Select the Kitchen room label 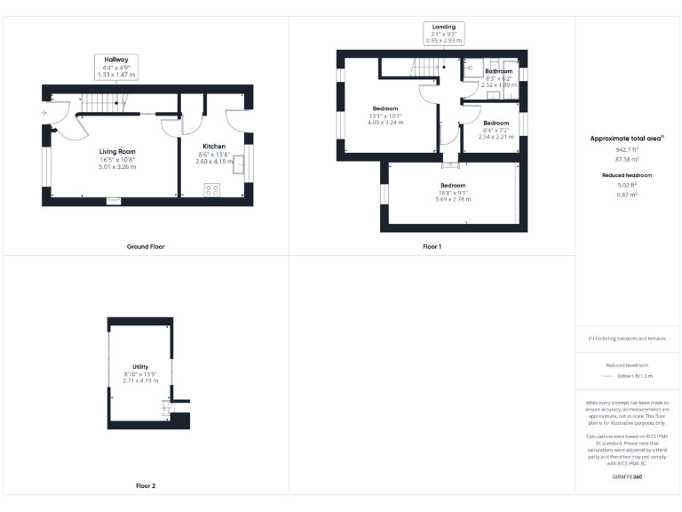click(x=214, y=146)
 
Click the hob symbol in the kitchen click(x=213, y=188)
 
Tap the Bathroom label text click(x=498, y=70)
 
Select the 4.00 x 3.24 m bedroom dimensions click(x=385, y=122)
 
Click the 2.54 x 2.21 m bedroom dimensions click(x=496, y=137)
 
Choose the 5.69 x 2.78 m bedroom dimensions click(x=453, y=199)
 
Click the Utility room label click(x=140, y=366)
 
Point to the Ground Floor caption click(x=145, y=246)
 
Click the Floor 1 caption click(x=432, y=246)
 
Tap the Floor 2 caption click(x=145, y=486)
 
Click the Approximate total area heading click(x=627, y=139)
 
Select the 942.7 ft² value click(x=627, y=150)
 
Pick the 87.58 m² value click(x=627, y=160)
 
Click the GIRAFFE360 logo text click(x=627, y=478)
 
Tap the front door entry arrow click(x=44, y=113)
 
